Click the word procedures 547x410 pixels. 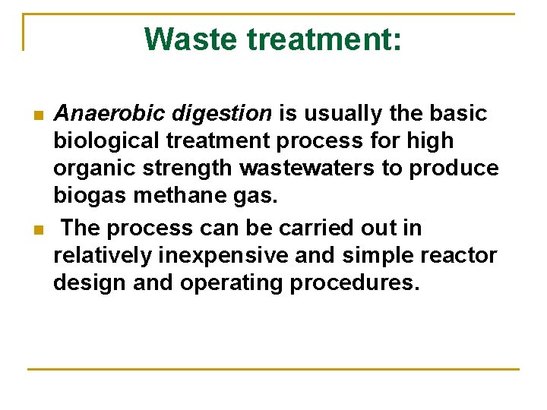364,283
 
